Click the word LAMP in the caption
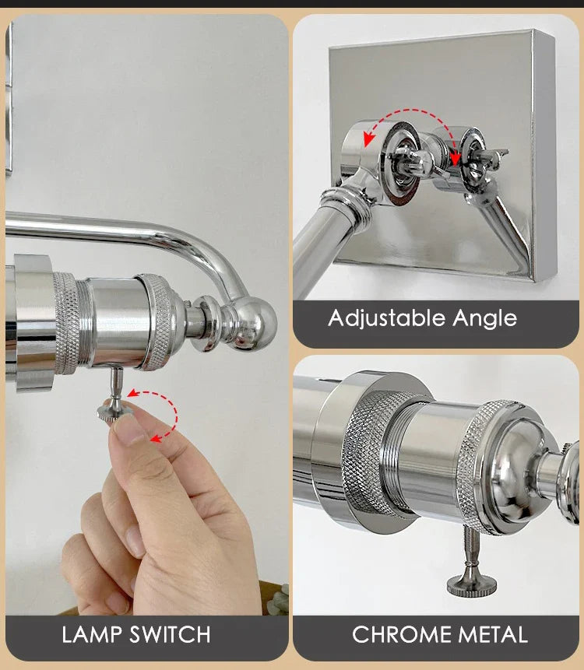[x=91, y=634]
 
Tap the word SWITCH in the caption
[x=171, y=634]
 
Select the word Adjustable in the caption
[x=387, y=319]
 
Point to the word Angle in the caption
[x=485, y=319]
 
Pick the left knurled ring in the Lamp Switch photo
[x=66, y=323]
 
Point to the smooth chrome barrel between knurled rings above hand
[x=114, y=321]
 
